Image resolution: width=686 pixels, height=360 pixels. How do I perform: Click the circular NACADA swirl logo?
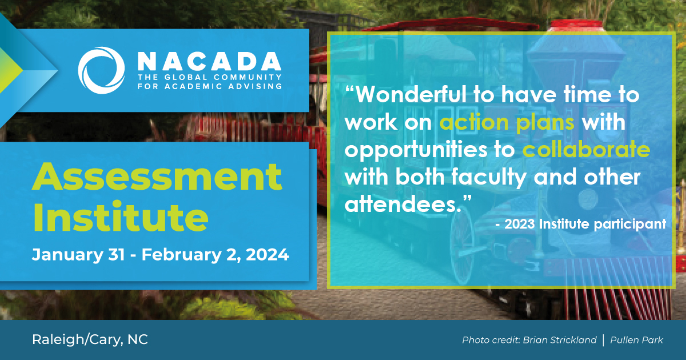pyautogui.click(x=101, y=70)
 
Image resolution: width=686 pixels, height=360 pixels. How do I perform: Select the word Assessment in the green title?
pyautogui.click(x=157, y=178)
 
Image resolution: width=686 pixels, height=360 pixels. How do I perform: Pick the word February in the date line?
pyautogui.click(x=181, y=254)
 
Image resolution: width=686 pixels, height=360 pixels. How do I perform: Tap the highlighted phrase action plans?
pyautogui.click(x=507, y=122)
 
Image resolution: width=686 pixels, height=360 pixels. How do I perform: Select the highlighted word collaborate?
pyautogui.click(x=586, y=150)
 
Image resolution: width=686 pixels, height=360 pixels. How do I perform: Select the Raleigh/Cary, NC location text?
pyautogui.click(x=90, y=339)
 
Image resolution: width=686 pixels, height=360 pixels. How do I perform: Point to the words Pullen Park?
pyautogui.click(x=636, y=340)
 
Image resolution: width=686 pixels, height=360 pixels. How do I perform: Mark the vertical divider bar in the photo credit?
pyautogui.click(x=603, y=340)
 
